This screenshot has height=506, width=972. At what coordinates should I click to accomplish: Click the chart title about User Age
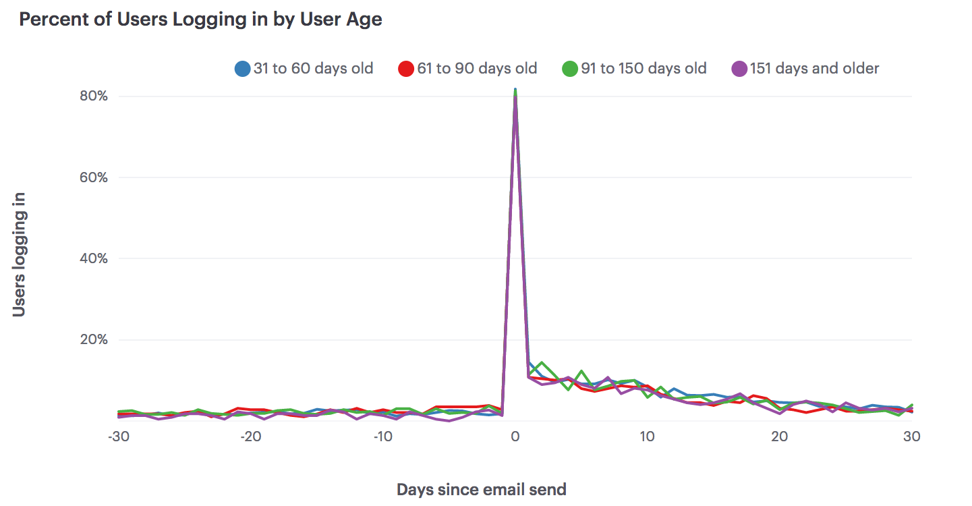(200, 20)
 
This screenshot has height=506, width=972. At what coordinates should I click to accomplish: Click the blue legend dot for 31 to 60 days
(242, 69)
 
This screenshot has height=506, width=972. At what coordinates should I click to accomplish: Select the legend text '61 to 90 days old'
(477, 69)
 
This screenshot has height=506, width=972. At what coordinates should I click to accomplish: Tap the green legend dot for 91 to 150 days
(570, 69)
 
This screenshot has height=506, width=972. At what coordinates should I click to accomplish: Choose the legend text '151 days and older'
(814, 69)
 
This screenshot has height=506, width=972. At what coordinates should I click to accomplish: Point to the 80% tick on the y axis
(94, 96)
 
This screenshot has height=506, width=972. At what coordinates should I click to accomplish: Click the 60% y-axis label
(94, 177)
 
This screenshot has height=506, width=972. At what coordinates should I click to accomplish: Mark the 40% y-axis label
(94, 258)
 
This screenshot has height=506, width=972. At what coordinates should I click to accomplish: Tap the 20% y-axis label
(94, 339)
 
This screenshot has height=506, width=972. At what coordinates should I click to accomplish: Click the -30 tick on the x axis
(119, 437)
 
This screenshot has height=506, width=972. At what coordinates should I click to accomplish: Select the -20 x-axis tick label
(251, 437)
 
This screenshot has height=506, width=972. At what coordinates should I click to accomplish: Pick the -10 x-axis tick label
(383, 437)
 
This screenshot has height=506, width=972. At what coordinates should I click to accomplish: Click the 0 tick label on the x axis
(515, 437)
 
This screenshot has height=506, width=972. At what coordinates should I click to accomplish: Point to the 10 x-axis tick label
(648, 437)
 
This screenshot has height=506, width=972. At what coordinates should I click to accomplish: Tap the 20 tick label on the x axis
(780, 437)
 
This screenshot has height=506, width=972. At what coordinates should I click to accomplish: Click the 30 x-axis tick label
(912, 437)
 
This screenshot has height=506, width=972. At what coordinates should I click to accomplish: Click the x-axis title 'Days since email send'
(481, 489)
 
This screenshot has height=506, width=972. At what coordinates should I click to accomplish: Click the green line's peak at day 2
(542, 363)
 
